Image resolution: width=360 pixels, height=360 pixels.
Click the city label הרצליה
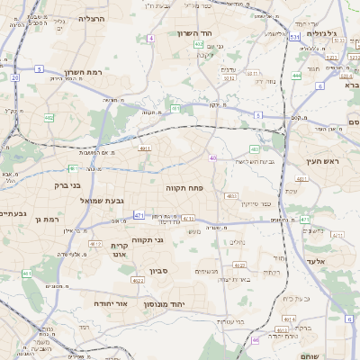point(92,18)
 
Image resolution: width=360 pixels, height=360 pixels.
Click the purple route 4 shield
point(151,38)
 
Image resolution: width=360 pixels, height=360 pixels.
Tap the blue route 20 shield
point(15,77)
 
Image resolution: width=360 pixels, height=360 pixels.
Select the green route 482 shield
point(48,117)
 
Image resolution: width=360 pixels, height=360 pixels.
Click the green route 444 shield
point(296,76)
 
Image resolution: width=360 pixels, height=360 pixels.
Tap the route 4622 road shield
point(138,281)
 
